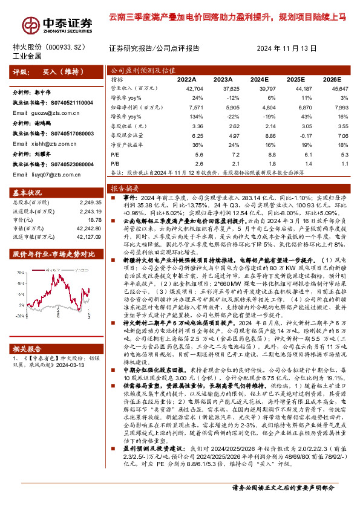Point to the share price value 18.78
tap(91, 220)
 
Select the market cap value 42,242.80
tap(85, 229)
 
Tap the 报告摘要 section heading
tap(123, 189)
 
